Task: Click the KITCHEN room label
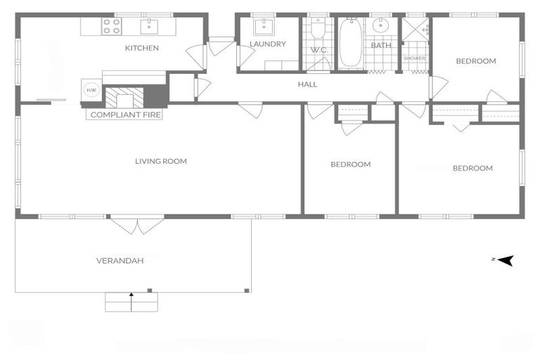pos(142,49)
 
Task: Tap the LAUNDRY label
pos(267,44)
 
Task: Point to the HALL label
pos(307,84)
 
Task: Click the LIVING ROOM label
pos(161,162)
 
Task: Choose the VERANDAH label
pos(120,261)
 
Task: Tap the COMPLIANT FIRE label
pos(124,115)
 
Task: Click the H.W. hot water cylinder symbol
pos(91,90)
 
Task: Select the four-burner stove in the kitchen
pos(112,27)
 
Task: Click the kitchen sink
pos(150,27)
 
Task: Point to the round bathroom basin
pos(382,26)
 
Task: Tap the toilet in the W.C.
pos(319,28)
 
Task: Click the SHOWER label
pos(414,58)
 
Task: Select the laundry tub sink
pos(265,27)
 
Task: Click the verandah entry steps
pos(131,302)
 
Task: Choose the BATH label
pos(381,46)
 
